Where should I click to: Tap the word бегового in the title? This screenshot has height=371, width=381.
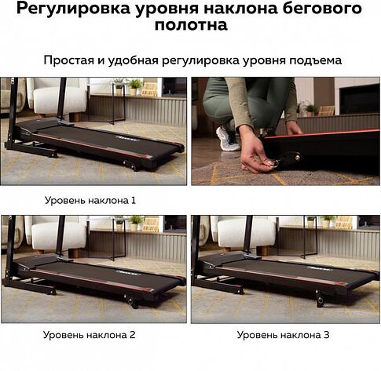[x=317, y=9]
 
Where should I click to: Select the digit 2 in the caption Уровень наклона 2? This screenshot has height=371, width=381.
[x=134, y=335]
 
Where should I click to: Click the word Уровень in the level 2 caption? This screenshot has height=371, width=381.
[x=67, y=335]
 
